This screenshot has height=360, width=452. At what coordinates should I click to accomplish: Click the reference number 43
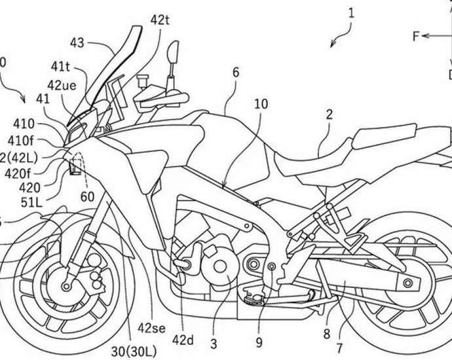[77, 43]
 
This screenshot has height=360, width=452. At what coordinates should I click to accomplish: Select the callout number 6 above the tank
[235, 74]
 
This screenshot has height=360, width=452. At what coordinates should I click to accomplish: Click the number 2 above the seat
[329, 114]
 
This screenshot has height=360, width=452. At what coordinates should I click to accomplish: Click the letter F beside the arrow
[416, 37]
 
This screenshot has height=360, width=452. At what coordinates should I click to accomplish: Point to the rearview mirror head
[174, 51]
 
